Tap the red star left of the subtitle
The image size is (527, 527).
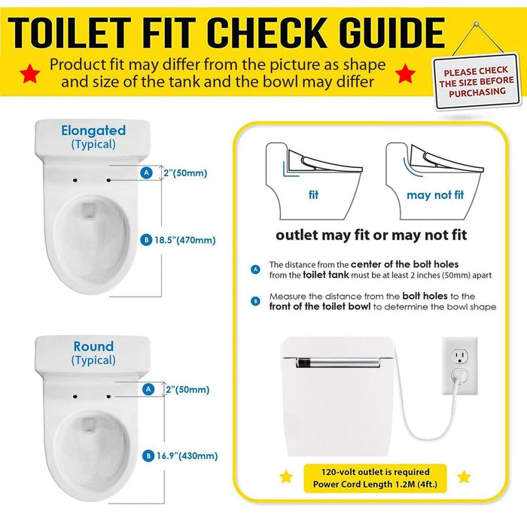[31, 74]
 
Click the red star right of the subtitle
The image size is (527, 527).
[405, 74]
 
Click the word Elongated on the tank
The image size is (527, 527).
[93, 130]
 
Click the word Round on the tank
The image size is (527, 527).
[93, 346]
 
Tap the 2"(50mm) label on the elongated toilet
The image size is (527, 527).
[184, 173]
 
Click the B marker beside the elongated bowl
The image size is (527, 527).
[145, 240]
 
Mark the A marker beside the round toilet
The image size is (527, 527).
[148, 389]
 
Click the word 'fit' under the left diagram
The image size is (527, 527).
[313, 195]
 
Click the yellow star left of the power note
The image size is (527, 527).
[286, 477]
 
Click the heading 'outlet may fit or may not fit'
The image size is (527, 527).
[371, 235]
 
